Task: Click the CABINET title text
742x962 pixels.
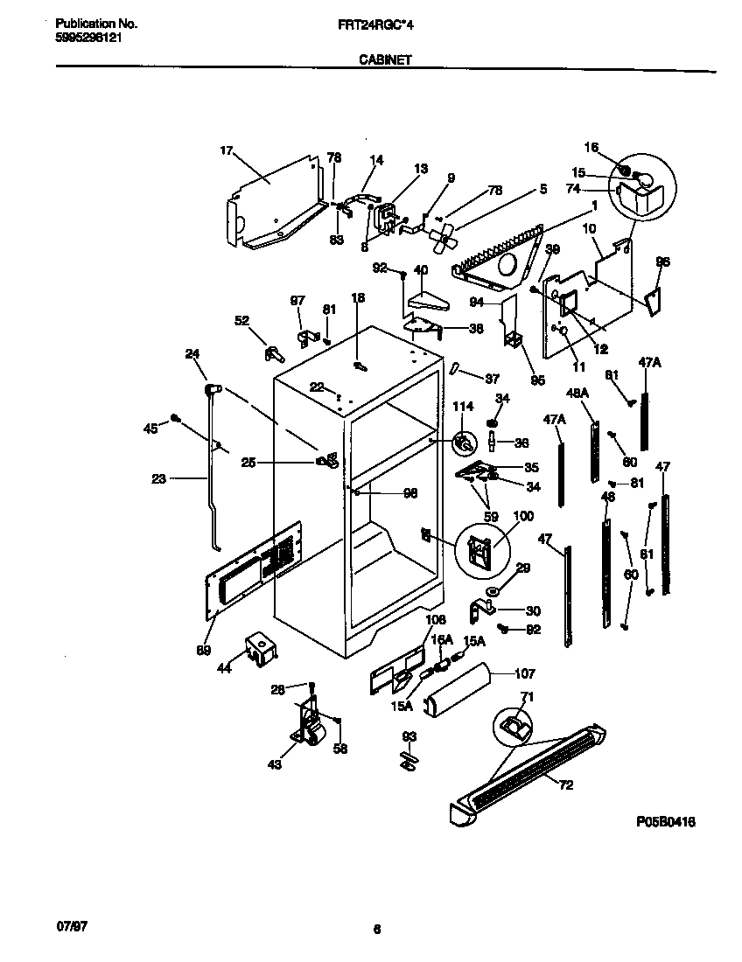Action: pyautogui.click(x=386, y=60)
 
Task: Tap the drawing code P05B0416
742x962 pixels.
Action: pyautogui.click(x=671, y=822)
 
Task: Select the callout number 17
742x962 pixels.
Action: pyautogui.click(x=226, y=152)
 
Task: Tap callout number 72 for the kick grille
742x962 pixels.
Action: pyautogui.click(x=565, y=784)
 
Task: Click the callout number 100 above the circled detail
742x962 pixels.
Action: pyautogui.click(x=522, y=517)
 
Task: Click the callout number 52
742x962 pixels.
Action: pyautogui.click(x=241, y=320)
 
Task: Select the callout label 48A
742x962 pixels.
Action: pyautogui.click(x=577, y=394)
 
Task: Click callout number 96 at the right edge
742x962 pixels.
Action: pyautogui.click(x=663, y=261)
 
